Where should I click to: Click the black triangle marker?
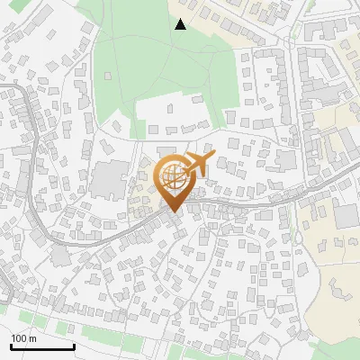click(181, 24)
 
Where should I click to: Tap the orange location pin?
click(172, 181)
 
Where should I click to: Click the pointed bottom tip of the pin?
click(172, 211)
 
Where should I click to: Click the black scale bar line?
click(42, 346)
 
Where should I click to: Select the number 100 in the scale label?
click(20, 338)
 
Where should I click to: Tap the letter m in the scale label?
click(32, 338)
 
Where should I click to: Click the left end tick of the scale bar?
click(12, 346)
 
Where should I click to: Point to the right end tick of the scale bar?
click(74, 346)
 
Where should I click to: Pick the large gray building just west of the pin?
click(110, 180)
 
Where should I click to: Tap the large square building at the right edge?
click(346, 216)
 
